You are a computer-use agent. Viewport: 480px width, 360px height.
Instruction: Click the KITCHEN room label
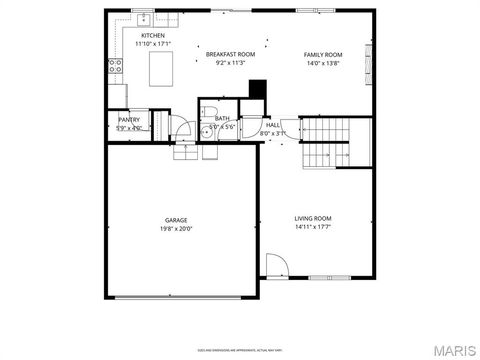(153, 35)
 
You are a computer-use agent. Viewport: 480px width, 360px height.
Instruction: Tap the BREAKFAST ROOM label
(230, 54)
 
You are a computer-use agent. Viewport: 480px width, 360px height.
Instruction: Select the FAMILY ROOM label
(323, 54)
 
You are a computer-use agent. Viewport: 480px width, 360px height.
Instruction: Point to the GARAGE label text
(177, 219)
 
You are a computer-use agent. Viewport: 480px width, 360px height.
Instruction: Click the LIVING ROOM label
(312, 218)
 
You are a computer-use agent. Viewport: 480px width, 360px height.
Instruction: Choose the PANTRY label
(129, 119)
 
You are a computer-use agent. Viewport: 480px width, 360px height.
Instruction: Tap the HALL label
(272, 125)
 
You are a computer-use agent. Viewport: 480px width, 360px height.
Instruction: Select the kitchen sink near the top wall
(144, 18)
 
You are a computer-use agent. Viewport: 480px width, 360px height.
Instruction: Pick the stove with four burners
(115, 67)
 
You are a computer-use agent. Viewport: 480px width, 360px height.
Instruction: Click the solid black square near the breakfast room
(257, 89)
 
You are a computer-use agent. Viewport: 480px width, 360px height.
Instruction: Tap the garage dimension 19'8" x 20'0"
(177, 228)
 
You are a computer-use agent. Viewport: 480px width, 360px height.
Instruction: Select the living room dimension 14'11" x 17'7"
(312, 227)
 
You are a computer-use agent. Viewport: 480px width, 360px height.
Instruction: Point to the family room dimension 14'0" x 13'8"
(323, 63)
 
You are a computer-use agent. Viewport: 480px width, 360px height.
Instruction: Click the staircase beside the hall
(328, 142)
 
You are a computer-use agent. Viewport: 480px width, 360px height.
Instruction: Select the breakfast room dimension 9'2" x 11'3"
(230, 63)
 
